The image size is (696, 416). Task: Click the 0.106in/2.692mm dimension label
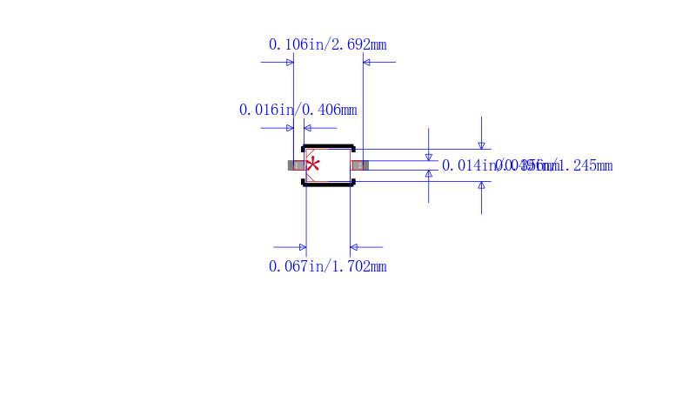point(327,44)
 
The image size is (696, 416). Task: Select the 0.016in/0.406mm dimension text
point(298,110)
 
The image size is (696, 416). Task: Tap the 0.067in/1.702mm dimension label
point(327,266)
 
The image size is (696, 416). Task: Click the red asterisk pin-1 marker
point(313,164)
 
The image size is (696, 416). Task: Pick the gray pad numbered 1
point(296,164)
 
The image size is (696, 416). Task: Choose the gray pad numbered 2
point(360,164)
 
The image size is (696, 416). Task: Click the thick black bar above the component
point(328,146)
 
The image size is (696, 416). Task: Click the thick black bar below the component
point(328,183)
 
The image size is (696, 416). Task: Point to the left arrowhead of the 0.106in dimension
point(290,63)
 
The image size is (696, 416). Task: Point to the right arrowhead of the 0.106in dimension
point(366,63)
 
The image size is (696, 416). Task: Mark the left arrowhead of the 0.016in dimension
point(290,128)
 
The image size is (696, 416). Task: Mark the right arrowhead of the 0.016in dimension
point(307,128)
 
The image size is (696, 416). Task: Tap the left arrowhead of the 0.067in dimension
point(302,247)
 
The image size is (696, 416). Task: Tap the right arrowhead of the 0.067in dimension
point(354,247)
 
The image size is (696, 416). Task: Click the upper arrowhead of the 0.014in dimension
point(428,157)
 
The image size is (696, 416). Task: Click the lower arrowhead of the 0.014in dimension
point(428,173)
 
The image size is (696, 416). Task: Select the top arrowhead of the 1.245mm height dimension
point(481,145)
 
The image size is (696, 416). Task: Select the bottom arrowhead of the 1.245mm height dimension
point(481,185)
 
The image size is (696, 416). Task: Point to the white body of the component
point(334,165)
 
